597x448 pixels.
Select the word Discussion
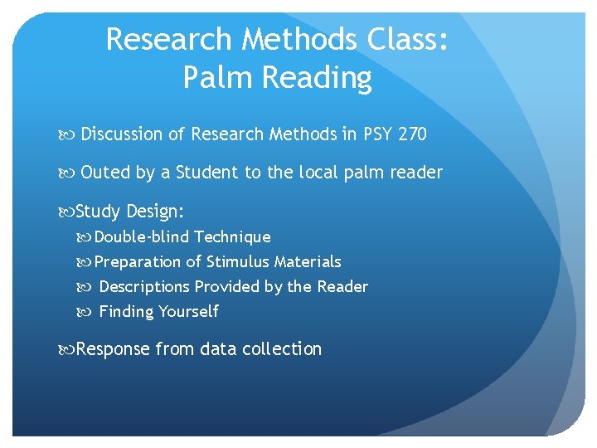[133, 134]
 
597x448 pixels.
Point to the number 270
[411, 134]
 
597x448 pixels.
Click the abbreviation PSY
[377, 134]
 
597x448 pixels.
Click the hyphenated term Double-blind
[142, 237]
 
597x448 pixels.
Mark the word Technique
[232, 237]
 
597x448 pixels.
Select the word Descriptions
[144, 287]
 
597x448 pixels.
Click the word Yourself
[189, 312]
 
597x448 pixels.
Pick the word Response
[113, 349]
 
